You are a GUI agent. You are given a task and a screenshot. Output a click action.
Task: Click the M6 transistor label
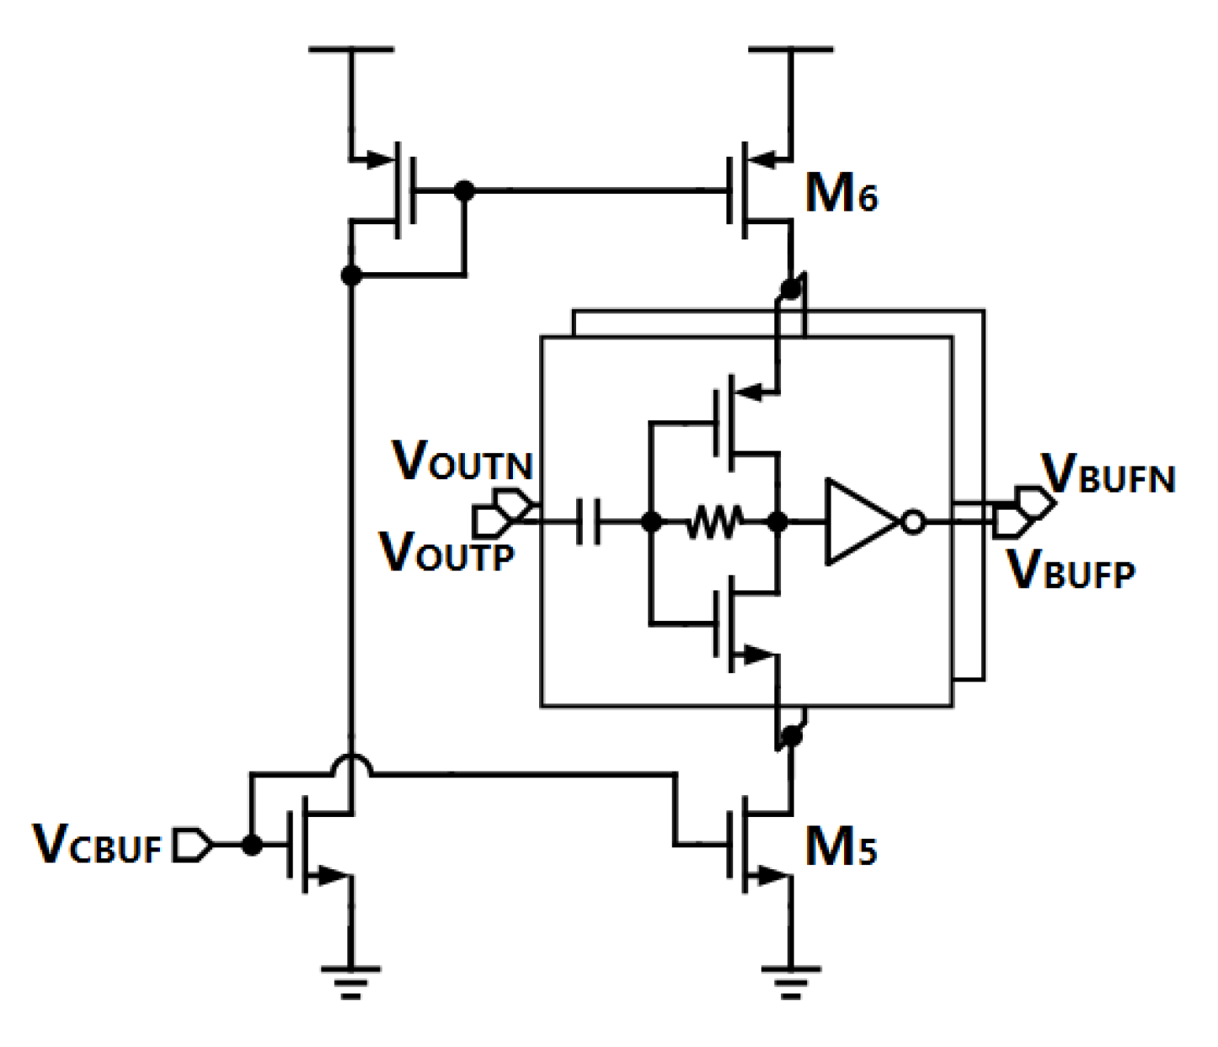[841, 195]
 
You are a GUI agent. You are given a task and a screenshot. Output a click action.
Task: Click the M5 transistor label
[841, 847]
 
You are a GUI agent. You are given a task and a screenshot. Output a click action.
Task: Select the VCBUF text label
[96, 845]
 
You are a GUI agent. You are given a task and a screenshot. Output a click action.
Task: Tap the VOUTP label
[446, 553]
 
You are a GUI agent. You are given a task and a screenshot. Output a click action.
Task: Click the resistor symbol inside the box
[713, 523]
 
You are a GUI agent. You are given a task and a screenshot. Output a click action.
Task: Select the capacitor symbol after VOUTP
[589, 522]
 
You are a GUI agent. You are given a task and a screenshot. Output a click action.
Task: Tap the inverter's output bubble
[913, 523]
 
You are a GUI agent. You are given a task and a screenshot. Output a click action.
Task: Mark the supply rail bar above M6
[790, 50]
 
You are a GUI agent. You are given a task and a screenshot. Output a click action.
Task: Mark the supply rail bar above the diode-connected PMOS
[351, 50]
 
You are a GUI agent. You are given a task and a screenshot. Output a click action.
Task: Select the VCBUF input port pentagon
[192, 845]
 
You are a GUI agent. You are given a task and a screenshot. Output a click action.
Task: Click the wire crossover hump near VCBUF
[351, 763]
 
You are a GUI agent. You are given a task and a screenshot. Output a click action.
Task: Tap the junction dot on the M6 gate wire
[463, 190]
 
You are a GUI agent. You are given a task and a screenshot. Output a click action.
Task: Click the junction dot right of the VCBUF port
[250, 845]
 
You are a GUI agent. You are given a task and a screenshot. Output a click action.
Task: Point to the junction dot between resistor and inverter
[778, 523]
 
